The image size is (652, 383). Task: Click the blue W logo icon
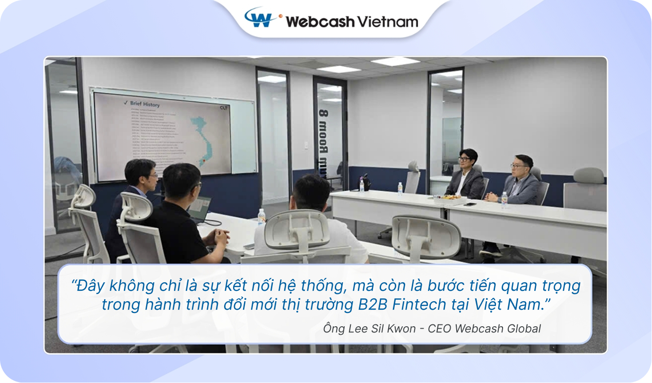[262, 18]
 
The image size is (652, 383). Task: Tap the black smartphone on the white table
[469, 204]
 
